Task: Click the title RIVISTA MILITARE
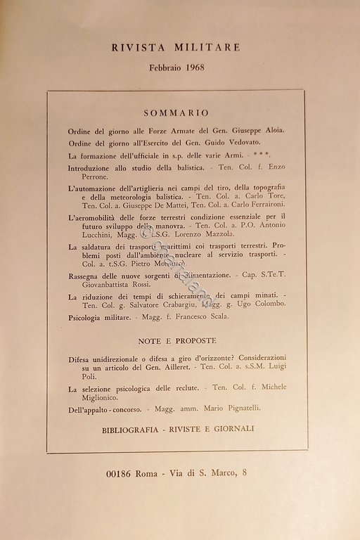176,47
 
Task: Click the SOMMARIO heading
176,112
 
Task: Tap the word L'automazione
94,191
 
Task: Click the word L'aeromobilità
96,218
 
